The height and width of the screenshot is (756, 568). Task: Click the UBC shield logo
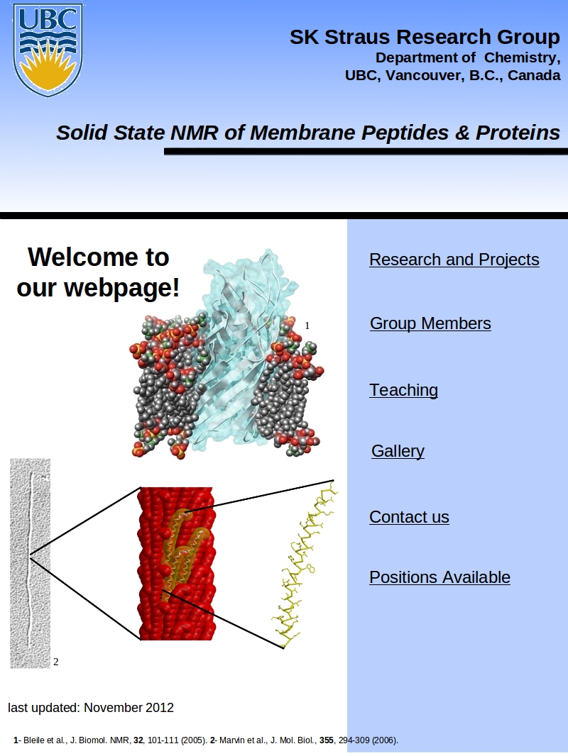tap(48, 50)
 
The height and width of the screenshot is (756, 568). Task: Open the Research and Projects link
tap(454, 260)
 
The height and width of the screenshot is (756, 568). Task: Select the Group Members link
tap(430, 323)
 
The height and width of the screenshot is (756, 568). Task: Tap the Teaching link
tap(403, 389)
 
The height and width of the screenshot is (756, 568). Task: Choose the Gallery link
tap(398, 451)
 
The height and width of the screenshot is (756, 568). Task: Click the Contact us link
tap(409, 517)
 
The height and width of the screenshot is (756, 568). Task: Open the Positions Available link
tap(439, 577)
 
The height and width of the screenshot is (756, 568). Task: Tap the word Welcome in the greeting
tap(84, 257)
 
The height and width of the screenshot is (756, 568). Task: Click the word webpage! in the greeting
tap(121, 288)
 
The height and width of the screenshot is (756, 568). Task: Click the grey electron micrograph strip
tap(30, 563)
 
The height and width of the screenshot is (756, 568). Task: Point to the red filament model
tap(177, 564)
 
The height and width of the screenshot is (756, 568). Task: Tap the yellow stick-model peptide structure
tap(305, 564)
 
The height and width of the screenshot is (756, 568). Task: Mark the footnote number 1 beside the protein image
tap(307, 326)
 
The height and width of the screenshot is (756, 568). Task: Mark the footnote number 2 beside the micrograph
tap(56, 662)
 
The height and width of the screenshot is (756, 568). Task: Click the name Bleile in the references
tap(34, 740)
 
